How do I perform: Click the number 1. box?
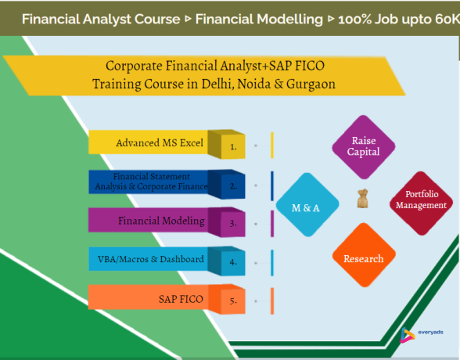[x=233, y=145]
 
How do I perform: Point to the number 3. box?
[x=233, y=222]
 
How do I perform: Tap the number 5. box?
[x=233, y=300]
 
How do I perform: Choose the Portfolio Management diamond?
[x=421, y=200]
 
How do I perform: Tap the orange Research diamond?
[x=364, y=257]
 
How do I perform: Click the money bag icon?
[x=362, y=201]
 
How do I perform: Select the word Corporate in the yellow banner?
[x=133, y=67]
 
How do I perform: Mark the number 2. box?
[x=233, y=185]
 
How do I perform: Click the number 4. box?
[x=233, y=261]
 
